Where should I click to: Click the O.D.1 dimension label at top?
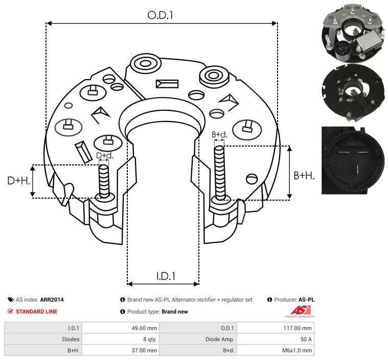161,15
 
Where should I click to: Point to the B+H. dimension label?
304,176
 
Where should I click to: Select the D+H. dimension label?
19,181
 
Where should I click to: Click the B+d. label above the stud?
219,135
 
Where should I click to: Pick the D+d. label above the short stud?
104,155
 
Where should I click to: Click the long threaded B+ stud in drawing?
220,174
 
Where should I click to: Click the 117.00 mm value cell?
275,328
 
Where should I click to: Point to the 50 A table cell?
275,339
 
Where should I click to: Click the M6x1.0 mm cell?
275,350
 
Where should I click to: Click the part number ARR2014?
52,300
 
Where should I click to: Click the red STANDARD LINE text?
37,311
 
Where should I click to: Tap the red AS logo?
298,310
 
